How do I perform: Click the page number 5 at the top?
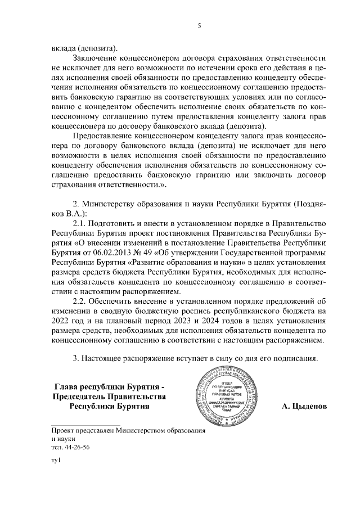click(x=199, y=25)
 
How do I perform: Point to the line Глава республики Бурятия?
click(x=110, y=387)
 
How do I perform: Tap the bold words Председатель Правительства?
click(x=110, y=397)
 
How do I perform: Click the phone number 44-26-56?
click(x=77, y=448)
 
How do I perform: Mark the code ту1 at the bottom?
click(x=55, y=461)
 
